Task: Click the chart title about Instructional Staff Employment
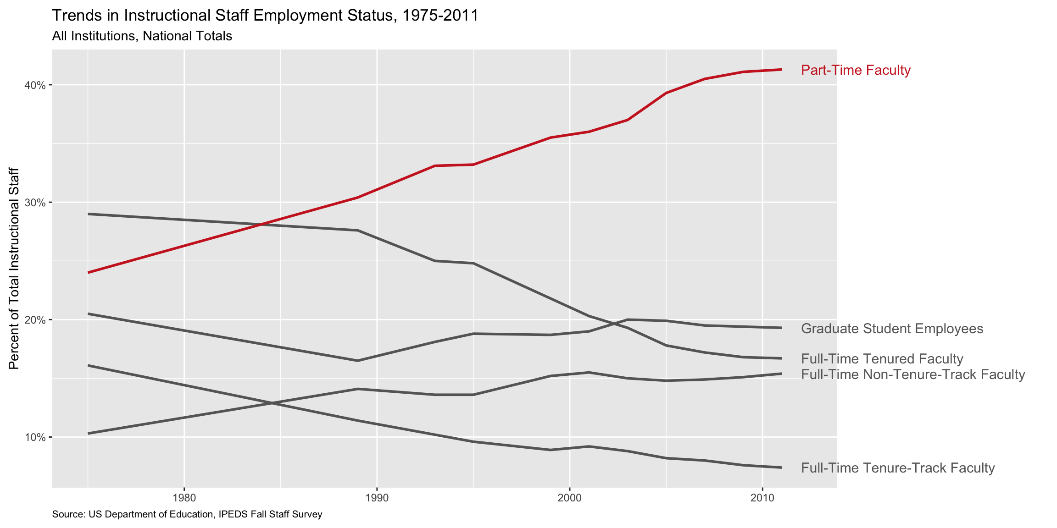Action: [265, 16]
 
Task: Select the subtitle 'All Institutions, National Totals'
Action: [142, 36]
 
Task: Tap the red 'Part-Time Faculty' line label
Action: [856, 70]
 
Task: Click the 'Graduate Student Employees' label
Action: [892, 329]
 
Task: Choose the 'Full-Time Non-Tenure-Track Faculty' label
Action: [912, 374]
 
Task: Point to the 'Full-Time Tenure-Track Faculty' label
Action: [898, 468]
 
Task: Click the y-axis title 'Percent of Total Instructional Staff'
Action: [15, 268]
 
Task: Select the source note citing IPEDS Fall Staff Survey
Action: [187, 514]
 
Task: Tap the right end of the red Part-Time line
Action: [781, 70]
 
